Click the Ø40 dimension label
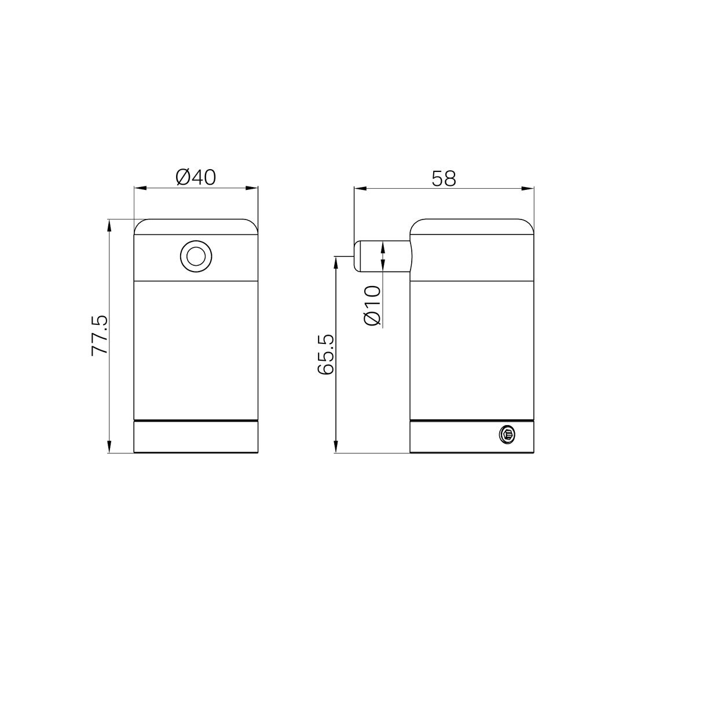tap(195, 177)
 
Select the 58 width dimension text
tap(444, 178)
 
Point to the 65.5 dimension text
tap(327, 354)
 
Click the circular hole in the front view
tap(196, 255)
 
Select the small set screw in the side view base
tap(506, 434)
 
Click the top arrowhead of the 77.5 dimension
tap(109, 225)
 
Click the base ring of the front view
tap(196, 437)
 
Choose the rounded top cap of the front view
tap(196, 227)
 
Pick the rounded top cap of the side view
tap(471, 227)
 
